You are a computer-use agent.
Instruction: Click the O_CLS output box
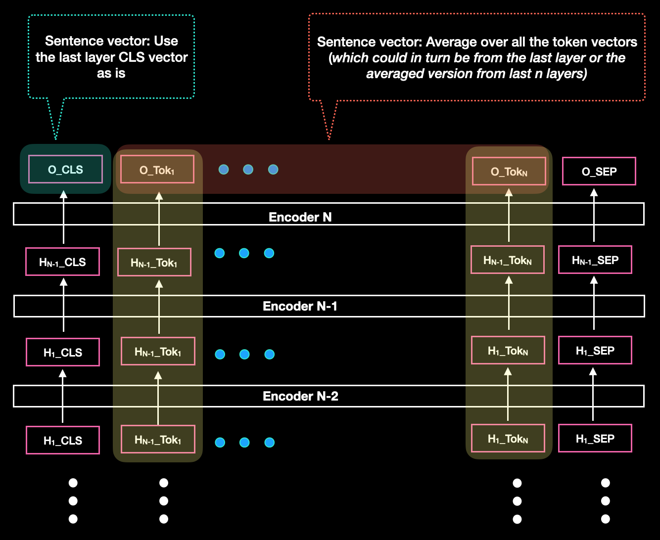coord(66,170)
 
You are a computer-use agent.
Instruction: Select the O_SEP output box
coord(599,172)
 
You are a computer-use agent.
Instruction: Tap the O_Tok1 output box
coord(157,170)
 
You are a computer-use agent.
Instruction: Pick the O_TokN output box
coord(509,172)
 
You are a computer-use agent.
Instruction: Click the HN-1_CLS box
coord(62,262)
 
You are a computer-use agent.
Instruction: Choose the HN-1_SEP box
coord(595,260)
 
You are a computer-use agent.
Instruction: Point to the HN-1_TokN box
coord(507,260)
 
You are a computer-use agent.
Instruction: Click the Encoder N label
coord(300,217)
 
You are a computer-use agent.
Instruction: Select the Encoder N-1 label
coord(300,306)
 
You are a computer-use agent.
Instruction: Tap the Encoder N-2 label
coord(300,396)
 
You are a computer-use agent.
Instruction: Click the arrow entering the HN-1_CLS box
coord(63,304)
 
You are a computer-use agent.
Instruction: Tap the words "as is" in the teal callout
coord(111,74)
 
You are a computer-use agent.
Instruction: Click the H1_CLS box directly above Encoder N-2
coord(62,353)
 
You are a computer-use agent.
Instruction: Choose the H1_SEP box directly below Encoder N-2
coord(595,439)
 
